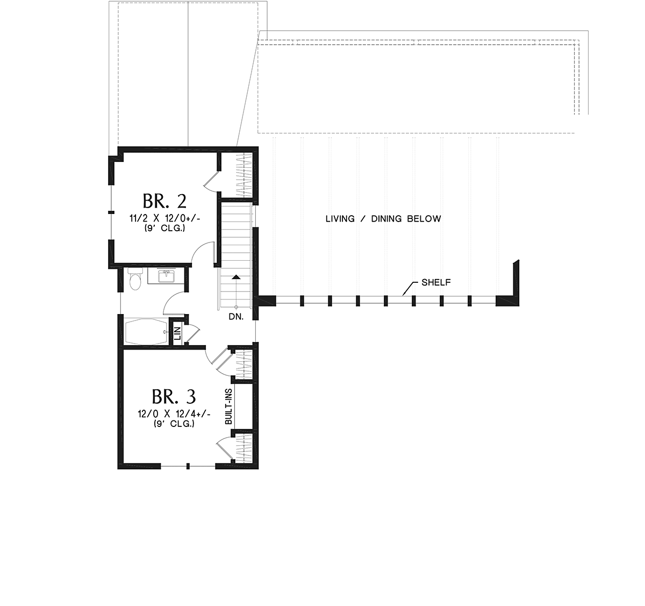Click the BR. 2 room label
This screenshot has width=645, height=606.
164,202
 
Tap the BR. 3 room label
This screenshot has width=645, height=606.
174,397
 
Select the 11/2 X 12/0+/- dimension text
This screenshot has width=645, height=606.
164,218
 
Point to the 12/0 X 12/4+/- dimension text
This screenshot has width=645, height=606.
174,414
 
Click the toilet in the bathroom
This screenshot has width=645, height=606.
134,279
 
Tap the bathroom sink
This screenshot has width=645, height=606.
166,276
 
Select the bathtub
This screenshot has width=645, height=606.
146,331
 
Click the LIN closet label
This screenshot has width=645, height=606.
177,333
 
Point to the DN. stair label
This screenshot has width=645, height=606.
236,317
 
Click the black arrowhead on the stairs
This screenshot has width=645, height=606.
236,277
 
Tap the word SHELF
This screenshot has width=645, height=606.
436,282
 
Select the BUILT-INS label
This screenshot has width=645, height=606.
228,407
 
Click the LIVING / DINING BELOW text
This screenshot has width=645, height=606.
383,219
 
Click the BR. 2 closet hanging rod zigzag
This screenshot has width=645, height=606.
243,175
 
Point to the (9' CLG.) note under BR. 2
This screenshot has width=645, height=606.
164,229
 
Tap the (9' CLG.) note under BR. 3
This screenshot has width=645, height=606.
174,424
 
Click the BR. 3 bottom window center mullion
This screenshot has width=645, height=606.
188,466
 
